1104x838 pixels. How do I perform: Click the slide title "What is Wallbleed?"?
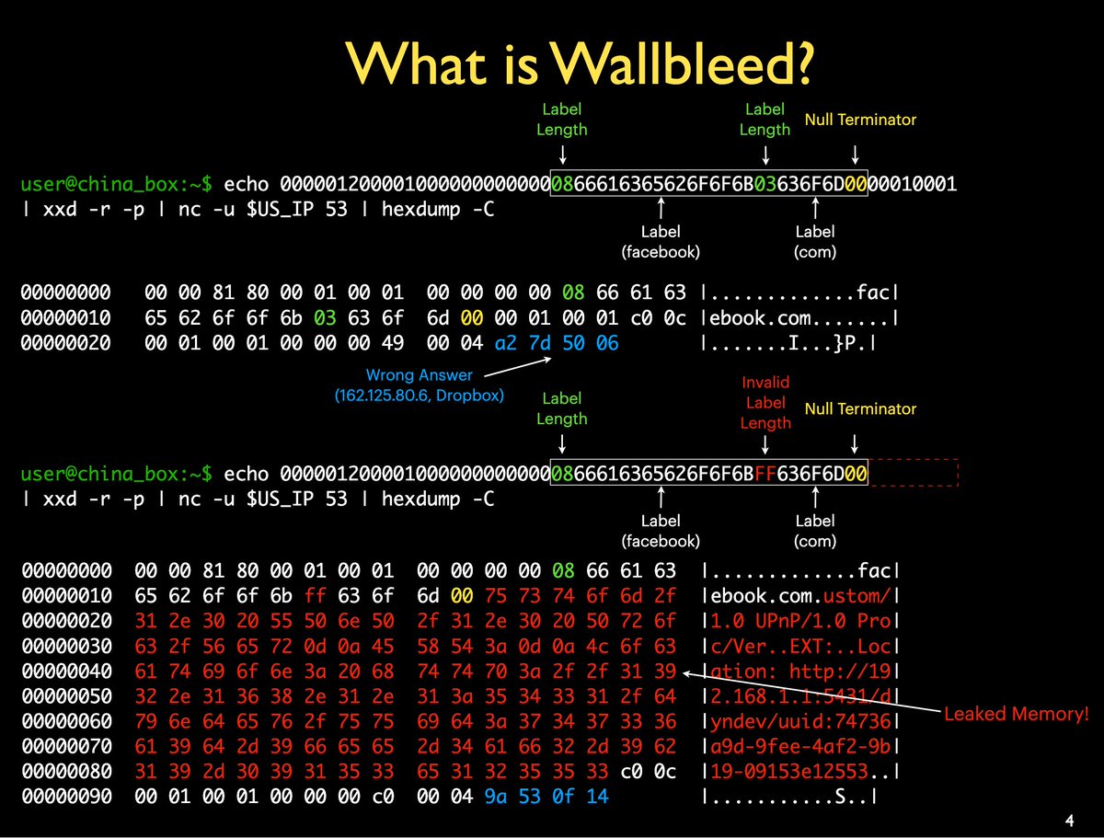[581, 61]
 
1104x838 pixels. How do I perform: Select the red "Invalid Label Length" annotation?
[765, 402]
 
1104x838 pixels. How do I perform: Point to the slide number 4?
[1069, 820]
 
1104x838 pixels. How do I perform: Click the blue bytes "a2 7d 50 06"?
[557, 343]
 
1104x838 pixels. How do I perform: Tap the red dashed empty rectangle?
[914, 473]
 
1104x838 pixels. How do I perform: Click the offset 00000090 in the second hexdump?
[66, 796]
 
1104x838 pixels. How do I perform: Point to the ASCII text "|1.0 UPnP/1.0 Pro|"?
[788, 621]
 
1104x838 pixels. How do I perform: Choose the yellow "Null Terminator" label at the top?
[860, 120]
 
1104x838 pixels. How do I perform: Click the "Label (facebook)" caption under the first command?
[661, 242]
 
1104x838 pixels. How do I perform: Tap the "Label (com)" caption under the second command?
[815, 531]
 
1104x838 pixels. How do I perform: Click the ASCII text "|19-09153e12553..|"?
[788, 770]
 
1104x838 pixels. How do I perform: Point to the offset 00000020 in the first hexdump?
[66, 343]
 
